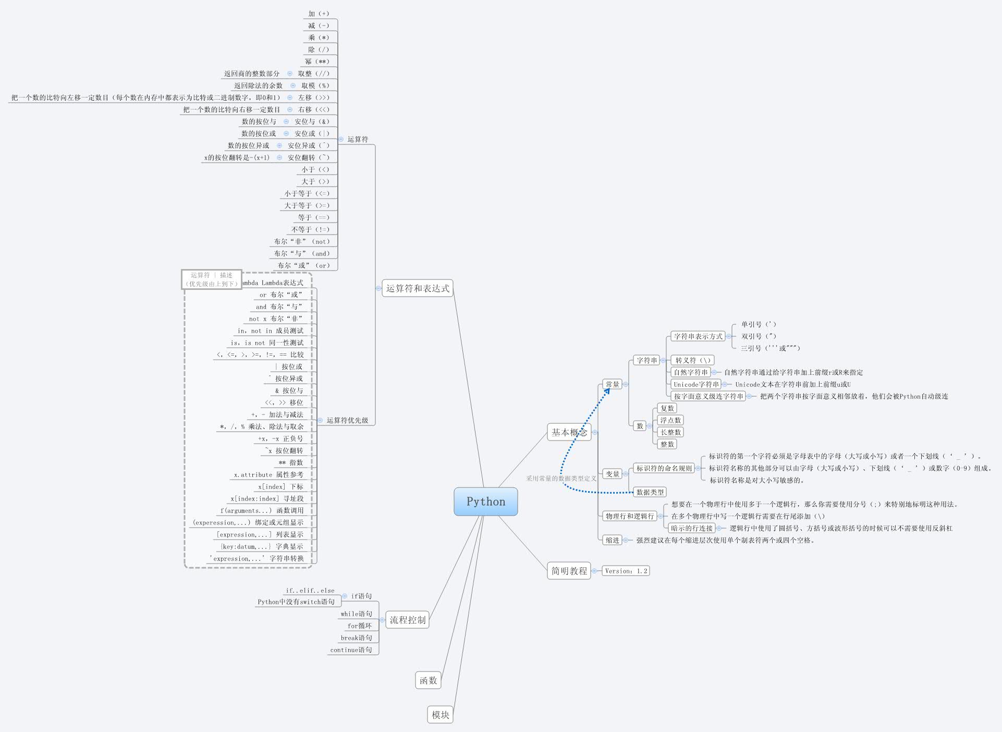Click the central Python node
(485, 502)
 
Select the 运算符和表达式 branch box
(417, 288)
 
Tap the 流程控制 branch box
(407, 620)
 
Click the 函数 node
(428, 680)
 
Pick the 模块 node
(440, 715)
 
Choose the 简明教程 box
(569, 571)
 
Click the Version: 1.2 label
(626, 571)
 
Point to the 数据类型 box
(650, 492)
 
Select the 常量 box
(612, 384)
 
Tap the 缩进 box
(612, 540)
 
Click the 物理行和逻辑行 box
(629, 516)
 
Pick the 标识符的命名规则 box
(664, 468)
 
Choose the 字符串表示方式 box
(698, 336)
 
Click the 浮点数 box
(670, 420)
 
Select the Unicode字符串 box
(696, 384)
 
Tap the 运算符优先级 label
(347, 420)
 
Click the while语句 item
(356, 614)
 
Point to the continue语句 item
(351, 650)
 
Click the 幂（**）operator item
(317, 62)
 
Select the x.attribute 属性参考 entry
(268, 474)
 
